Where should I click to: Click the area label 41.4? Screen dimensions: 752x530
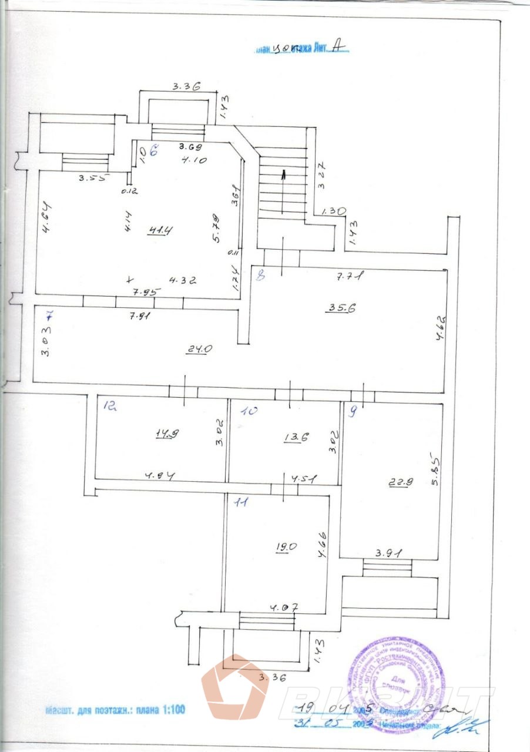pos(158,230)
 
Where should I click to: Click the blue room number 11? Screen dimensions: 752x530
pos(241,502)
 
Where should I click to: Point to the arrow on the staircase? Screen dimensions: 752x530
pos(283,174)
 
